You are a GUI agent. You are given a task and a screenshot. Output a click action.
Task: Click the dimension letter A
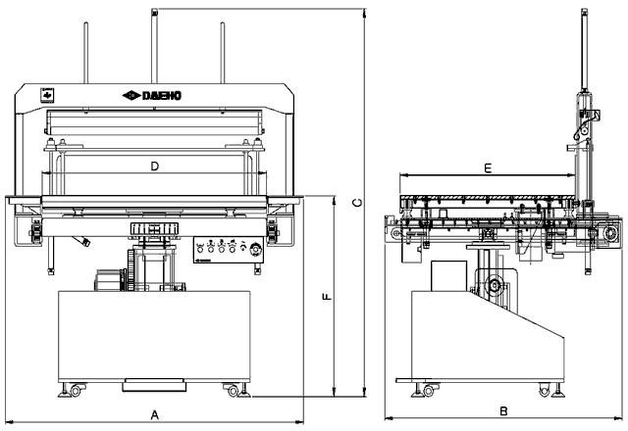(154, 415)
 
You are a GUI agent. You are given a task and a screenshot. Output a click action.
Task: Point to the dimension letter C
(358, 204)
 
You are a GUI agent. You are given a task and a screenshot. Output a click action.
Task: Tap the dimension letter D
(154, 167)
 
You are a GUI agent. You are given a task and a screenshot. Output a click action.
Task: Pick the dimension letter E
(488, 168)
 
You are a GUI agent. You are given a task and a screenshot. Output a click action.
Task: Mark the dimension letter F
(329, 298)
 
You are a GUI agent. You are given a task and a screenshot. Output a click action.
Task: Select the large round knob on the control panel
(258, 249)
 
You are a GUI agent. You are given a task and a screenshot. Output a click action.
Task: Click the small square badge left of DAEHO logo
(44, 95)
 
